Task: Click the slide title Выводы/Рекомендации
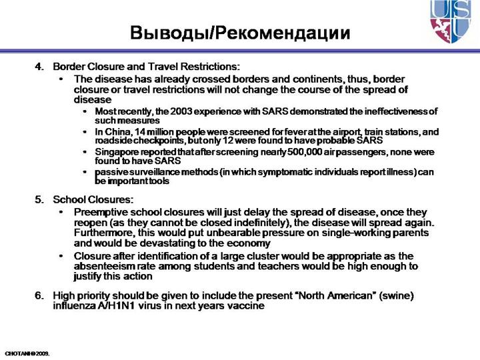point(239,32)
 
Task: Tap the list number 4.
point(39,67)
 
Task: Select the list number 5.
point(39,199)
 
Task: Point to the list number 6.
point(39,295)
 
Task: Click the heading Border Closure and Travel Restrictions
point(146,67)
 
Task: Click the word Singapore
point(118,152)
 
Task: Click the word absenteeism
point(105,266)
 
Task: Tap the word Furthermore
point(105,233)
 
